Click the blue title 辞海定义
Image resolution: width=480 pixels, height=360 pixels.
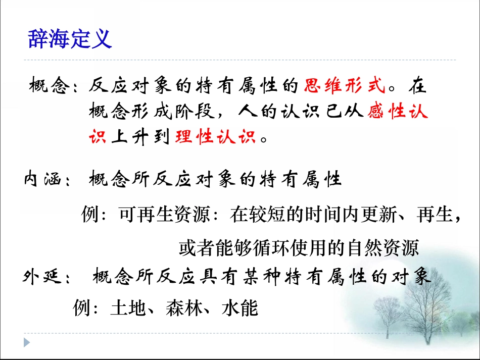click(x=70, y=39)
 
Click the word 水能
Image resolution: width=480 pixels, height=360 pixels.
click(x=239, y=308)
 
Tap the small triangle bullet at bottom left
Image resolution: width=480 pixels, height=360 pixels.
click(x=27, y=342)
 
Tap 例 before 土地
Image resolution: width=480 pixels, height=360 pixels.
click(x=81, y=308)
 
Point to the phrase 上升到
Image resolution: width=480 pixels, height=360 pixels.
click(x=140, y=137)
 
